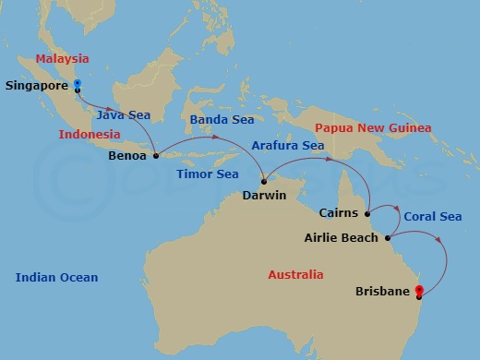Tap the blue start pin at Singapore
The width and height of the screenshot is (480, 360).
[77, 84]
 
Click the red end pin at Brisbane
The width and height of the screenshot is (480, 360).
[419, 292]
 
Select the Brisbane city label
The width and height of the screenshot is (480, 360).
[383, 292]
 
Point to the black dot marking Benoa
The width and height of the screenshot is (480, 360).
[155, 155]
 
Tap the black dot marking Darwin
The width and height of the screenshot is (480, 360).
[263, 181]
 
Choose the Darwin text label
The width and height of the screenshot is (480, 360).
[264, 196]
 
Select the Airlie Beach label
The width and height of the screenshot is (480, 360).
[341, 238]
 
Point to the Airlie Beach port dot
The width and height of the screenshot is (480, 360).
[387, 237]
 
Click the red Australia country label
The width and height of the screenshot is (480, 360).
[295, 275]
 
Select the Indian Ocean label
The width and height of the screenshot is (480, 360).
[56, 277]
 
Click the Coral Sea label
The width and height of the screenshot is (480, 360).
[432, 217]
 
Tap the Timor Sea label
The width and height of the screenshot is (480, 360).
[209, 174]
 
